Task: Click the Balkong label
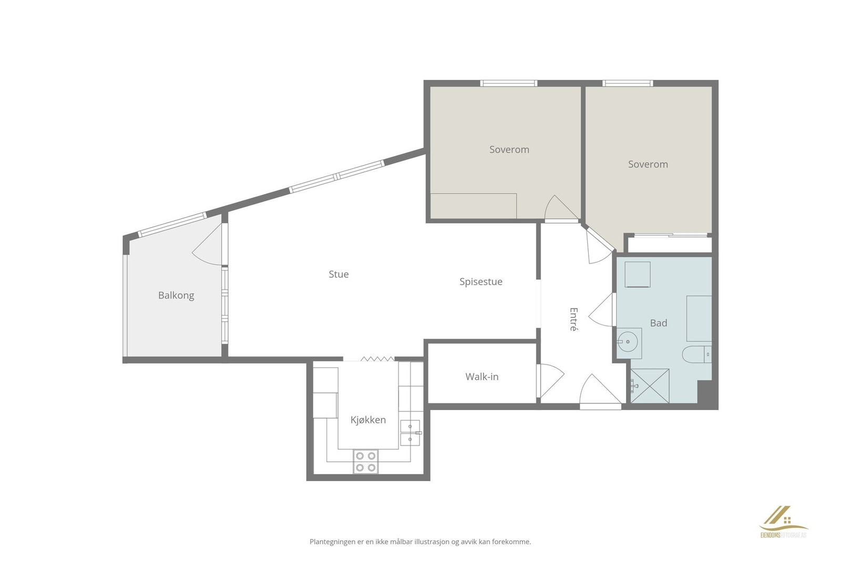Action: [176, 296]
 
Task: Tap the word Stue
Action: [339, 274]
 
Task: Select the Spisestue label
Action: [481, 282]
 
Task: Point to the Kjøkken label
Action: [368, 420]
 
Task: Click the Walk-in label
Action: [482, 376]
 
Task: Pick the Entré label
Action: [573, 319]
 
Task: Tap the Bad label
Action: [659, 323]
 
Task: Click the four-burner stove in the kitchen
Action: [366, 462]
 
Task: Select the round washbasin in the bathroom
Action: [628, 342]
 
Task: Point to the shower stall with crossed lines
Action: [650, 386]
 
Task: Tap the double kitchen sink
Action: [411, 433]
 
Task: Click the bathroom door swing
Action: [601, 310]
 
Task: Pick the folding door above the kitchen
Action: [377, 359]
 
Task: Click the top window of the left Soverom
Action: [509, 84]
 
